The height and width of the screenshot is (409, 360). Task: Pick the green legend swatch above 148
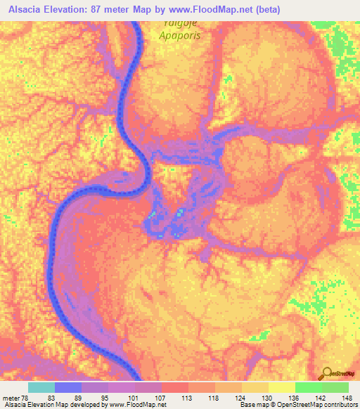pyautogui.click(x=335, y=387)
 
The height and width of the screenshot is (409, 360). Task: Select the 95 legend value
pyautogui.click(x=105, y=397)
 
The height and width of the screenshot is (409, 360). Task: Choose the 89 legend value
pyautogui.click(x=78, y=397)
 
